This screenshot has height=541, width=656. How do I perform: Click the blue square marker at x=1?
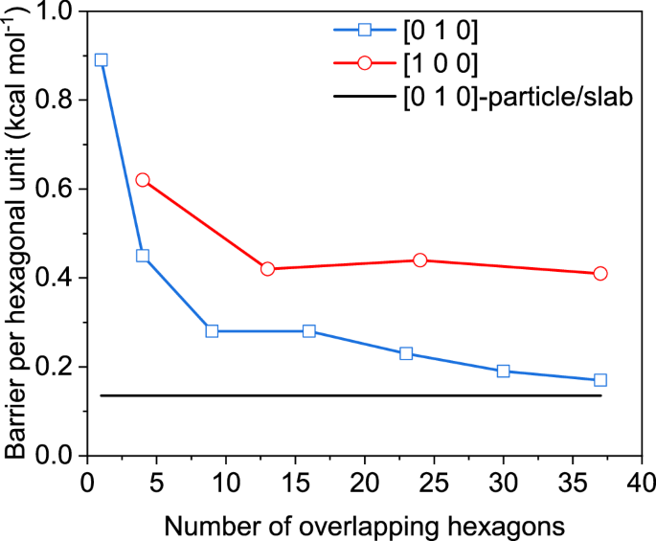tap(101, 59)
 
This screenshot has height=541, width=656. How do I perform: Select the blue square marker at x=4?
tap(143, 256)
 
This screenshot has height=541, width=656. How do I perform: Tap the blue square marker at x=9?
tap(212, 331)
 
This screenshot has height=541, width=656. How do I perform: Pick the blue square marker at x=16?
tap(309, 331)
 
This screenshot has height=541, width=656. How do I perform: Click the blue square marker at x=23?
tap(406, 353)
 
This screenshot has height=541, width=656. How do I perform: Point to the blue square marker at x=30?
tap(503, 372)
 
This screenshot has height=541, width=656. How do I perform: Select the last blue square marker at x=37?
tap(600, 380)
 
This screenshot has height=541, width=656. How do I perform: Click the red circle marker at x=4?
tap(143, 180)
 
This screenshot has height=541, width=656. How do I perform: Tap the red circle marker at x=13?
tap(267, 269)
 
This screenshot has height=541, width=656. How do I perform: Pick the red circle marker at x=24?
tap(419, 260)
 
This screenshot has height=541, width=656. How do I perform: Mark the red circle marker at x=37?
tap(600, 274)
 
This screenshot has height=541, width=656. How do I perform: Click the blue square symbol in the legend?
tap(363, 30)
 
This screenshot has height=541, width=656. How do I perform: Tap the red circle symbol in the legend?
tap(363, 63)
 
